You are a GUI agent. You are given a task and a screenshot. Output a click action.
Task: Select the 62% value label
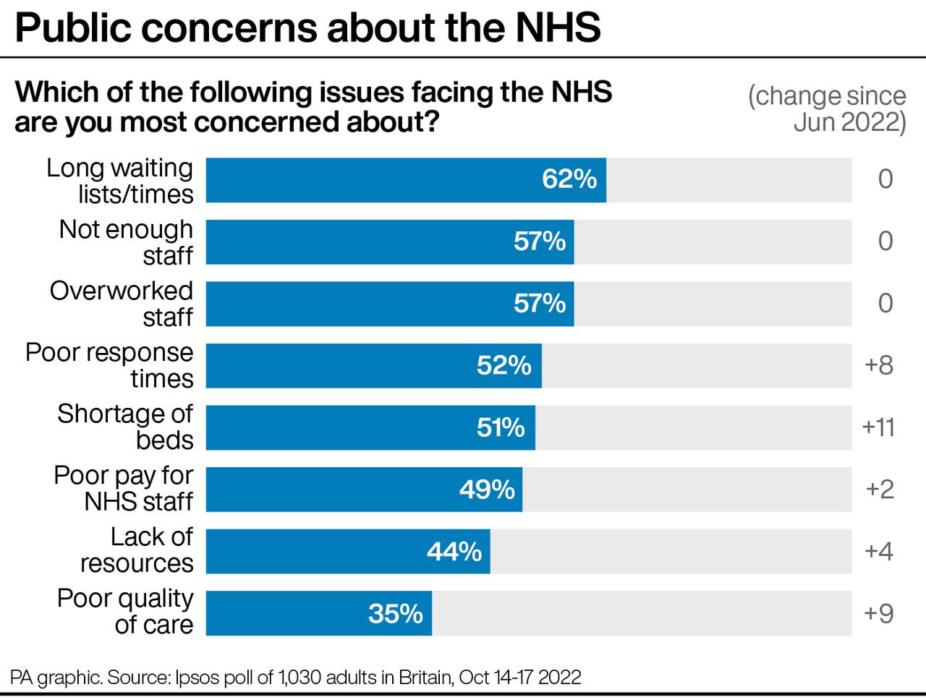569,179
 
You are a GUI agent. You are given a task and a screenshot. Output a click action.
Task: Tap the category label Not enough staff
126,242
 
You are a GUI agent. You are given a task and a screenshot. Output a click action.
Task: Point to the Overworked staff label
122,304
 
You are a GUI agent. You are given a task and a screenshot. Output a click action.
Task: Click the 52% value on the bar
504,366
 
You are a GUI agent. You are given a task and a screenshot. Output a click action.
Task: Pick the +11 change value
878,427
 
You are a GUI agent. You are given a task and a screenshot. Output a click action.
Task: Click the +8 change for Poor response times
879,365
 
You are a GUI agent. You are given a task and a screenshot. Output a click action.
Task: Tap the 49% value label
487,490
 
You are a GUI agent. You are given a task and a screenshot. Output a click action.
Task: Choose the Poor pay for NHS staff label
124,489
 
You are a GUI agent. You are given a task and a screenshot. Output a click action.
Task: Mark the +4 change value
879,552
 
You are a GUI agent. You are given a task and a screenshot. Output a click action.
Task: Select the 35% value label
395,614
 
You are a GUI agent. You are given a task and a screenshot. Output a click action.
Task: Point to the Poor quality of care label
125,612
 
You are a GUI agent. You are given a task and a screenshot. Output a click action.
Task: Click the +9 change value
879,614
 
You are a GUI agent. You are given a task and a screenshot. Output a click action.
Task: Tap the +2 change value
880,490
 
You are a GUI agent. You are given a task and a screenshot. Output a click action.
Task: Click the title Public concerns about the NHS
307,27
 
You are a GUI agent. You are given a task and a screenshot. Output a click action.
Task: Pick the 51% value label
500,427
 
